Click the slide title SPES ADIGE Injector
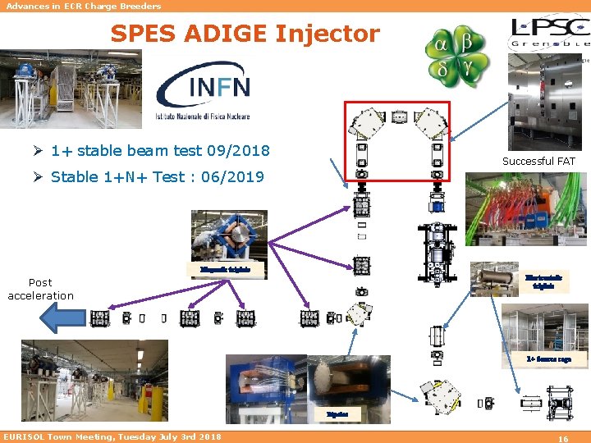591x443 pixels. coord(245,34)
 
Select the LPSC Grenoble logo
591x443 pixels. coord(549,33)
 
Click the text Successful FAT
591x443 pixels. coord(538,162)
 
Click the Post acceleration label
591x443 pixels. coord(40,289)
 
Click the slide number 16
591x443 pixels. coord(563,439)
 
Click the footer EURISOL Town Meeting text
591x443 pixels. coord(112,436)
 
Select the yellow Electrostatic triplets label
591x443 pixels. coord(543,281)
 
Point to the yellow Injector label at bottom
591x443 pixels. coord(337,415)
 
